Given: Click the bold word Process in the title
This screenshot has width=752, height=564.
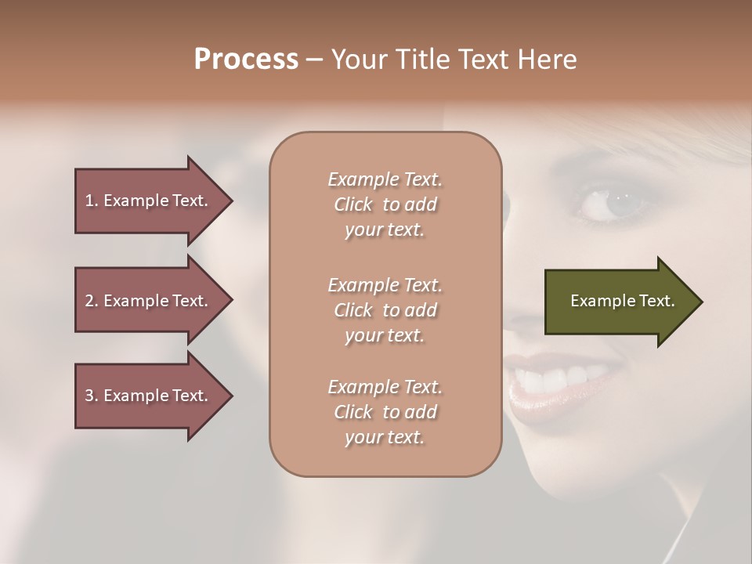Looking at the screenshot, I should coord(246,60).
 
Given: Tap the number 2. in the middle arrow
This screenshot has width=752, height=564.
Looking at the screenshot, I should coord(92,301).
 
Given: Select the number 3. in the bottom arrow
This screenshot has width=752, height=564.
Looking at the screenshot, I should coord(92,396).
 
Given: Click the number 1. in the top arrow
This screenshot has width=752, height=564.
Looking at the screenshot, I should coord(92,201).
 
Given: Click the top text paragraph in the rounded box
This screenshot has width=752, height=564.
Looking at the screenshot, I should coord(385,204).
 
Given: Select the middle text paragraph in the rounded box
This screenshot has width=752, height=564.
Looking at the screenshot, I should coord(385,310).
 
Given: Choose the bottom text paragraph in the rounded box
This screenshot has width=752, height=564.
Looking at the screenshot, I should coord(385,412).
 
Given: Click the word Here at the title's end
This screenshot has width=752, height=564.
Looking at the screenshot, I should coord(548,60).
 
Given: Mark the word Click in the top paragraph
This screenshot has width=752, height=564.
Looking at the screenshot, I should coord(353,204).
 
